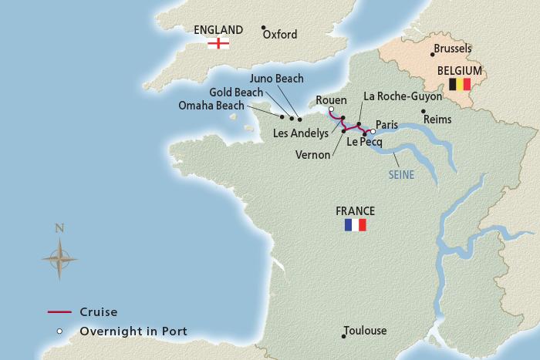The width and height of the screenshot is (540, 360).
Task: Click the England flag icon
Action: tap(220, 44)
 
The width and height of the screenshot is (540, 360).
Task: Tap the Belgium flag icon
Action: tap(460, 84)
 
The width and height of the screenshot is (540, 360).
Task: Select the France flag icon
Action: tap(356, 225)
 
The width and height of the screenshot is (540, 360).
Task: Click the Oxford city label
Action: tap(280, 35)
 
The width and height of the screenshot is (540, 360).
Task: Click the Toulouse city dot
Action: tap(343, 336)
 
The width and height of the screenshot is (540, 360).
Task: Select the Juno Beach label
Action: tap(278, 79)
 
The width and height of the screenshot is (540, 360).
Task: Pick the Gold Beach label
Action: tap(236, 93)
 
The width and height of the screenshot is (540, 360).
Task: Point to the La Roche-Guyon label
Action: tap(403, 97)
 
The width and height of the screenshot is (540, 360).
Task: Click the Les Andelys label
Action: tap(302, 133)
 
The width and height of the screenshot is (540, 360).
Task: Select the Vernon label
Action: tap(313, 154)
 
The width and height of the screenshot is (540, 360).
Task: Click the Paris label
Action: tap(388, 125)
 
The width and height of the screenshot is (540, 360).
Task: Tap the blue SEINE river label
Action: tap(401, 175)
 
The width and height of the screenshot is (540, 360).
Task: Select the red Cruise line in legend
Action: tap(59, 312)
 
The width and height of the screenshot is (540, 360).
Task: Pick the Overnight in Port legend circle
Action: tap(59, 332)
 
